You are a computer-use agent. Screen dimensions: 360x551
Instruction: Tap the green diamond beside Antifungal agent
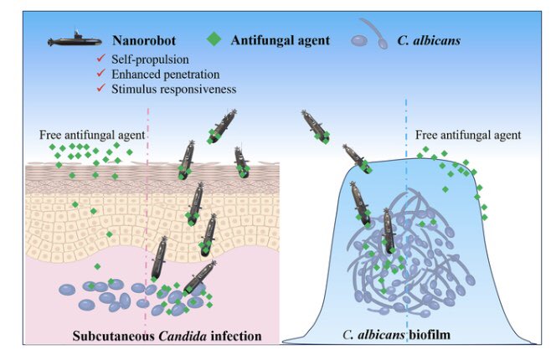coord(217,39)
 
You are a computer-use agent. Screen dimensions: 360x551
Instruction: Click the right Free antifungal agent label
coord(468,135)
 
